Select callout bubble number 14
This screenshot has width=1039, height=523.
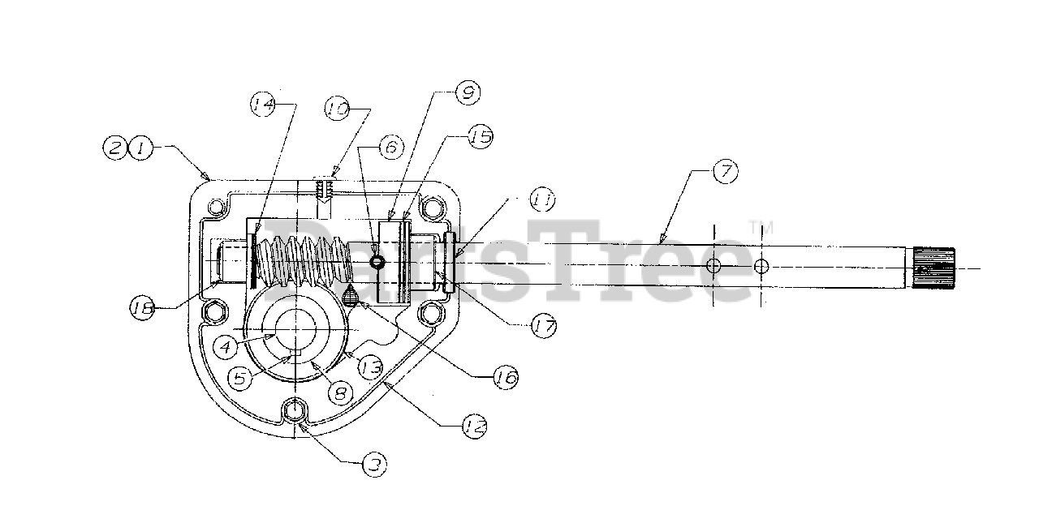(x=262, y=105)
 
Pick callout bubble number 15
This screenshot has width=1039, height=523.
(x=481, y=138)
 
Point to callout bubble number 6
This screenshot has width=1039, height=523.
(x=390, y=148)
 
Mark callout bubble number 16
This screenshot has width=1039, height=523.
(x=506, y=376)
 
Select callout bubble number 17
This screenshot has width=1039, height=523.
(x=543, y=328)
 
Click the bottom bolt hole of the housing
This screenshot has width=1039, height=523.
(x=297, y=409)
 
